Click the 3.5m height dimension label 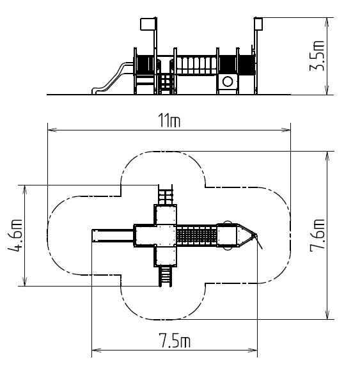pyautogui.click(x=317, y=56)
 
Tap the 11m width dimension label pyautogui.click(x=169, y=120)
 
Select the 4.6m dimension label pyautogui.click(x=15, y=235)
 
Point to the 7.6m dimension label pyautogui.click(x=317, y=235)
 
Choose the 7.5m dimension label pyautogui.click(x=175, y=340)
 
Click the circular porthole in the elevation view pyautogui.click(x=228, y=81)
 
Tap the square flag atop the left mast pyautogui.click(x=148, y=24)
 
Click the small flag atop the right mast pyautogui.click(x=258, y=24)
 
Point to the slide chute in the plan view pyautogui.click(x=113, y=235)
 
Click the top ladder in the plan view pyautogui.click(x=166, y=195)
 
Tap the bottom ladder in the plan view pyautogui.click(x=166, y=276)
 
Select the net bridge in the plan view pyautogui.click(x=197, y=235)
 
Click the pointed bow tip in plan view pyautogui.click(x=256, y=235)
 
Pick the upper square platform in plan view pyautogui.click(x=166, y=214)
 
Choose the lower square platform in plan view pyautogui.click(x=166, y=256)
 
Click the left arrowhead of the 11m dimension pyautogui.click(x=52, y=130)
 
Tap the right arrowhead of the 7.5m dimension pyautogui.click(x=253, y=350)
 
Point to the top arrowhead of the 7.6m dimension pyautogui.click(x=327, y=155)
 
